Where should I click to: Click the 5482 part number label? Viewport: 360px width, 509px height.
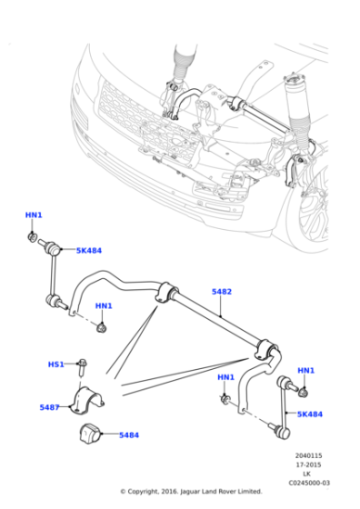click(x=221, y=292)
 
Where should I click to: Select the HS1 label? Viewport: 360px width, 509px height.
click(x=55, y=364)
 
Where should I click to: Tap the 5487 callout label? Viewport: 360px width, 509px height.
click(x=49, y=407)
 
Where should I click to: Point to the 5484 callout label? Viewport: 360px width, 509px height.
click(x=128, y=435)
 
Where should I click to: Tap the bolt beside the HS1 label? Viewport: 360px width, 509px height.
click(x=81, y=366)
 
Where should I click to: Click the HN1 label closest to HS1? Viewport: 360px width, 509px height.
click(x=104, y=306)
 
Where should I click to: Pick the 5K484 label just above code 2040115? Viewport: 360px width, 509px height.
click(x=309, y=414)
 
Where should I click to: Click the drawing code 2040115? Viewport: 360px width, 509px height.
click(x=307, y=456)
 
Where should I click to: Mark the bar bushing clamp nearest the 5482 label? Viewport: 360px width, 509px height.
click(x=168, y=293)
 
